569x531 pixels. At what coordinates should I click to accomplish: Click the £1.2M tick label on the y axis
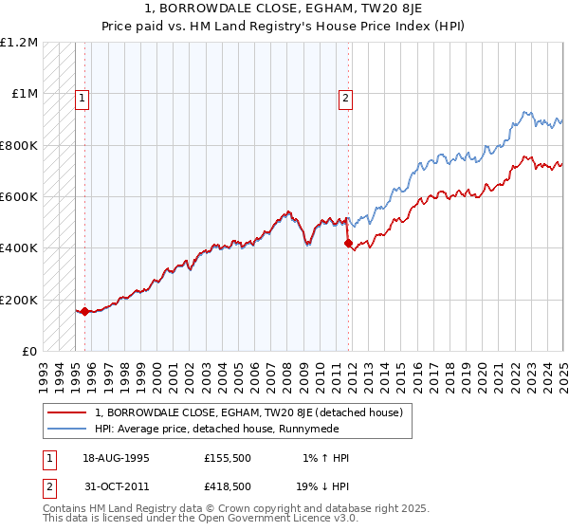20,43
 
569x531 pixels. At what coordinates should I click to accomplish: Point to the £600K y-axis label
20,196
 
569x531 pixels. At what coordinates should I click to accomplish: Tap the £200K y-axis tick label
20,300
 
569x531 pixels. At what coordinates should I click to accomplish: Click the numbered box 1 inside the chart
83,97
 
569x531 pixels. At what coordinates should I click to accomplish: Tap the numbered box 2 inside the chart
346,97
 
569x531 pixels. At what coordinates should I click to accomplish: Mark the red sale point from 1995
85,311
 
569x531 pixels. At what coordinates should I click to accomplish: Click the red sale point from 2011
348,244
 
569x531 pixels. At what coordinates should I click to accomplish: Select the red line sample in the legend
67,412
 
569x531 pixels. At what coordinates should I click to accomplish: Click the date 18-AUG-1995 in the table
116,458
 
